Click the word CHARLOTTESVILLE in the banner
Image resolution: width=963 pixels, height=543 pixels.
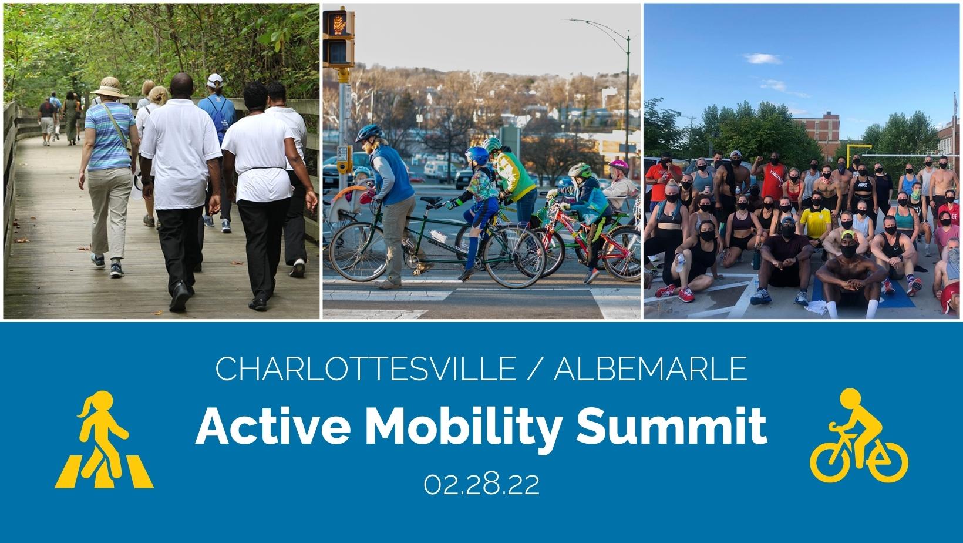365,368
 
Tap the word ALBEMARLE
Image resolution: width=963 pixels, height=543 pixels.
651,368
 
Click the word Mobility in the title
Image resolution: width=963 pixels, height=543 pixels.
463,428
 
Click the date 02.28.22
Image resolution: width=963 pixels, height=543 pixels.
481,485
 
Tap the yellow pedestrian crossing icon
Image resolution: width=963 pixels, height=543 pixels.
104,440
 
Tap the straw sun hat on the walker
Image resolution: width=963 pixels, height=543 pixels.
110,88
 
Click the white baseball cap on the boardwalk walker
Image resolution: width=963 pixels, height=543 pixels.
214,81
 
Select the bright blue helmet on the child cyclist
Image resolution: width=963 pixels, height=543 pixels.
477,155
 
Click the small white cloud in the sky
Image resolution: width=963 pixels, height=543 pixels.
763,59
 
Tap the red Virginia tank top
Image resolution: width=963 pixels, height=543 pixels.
773,180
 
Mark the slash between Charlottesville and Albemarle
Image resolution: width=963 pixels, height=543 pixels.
535,368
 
